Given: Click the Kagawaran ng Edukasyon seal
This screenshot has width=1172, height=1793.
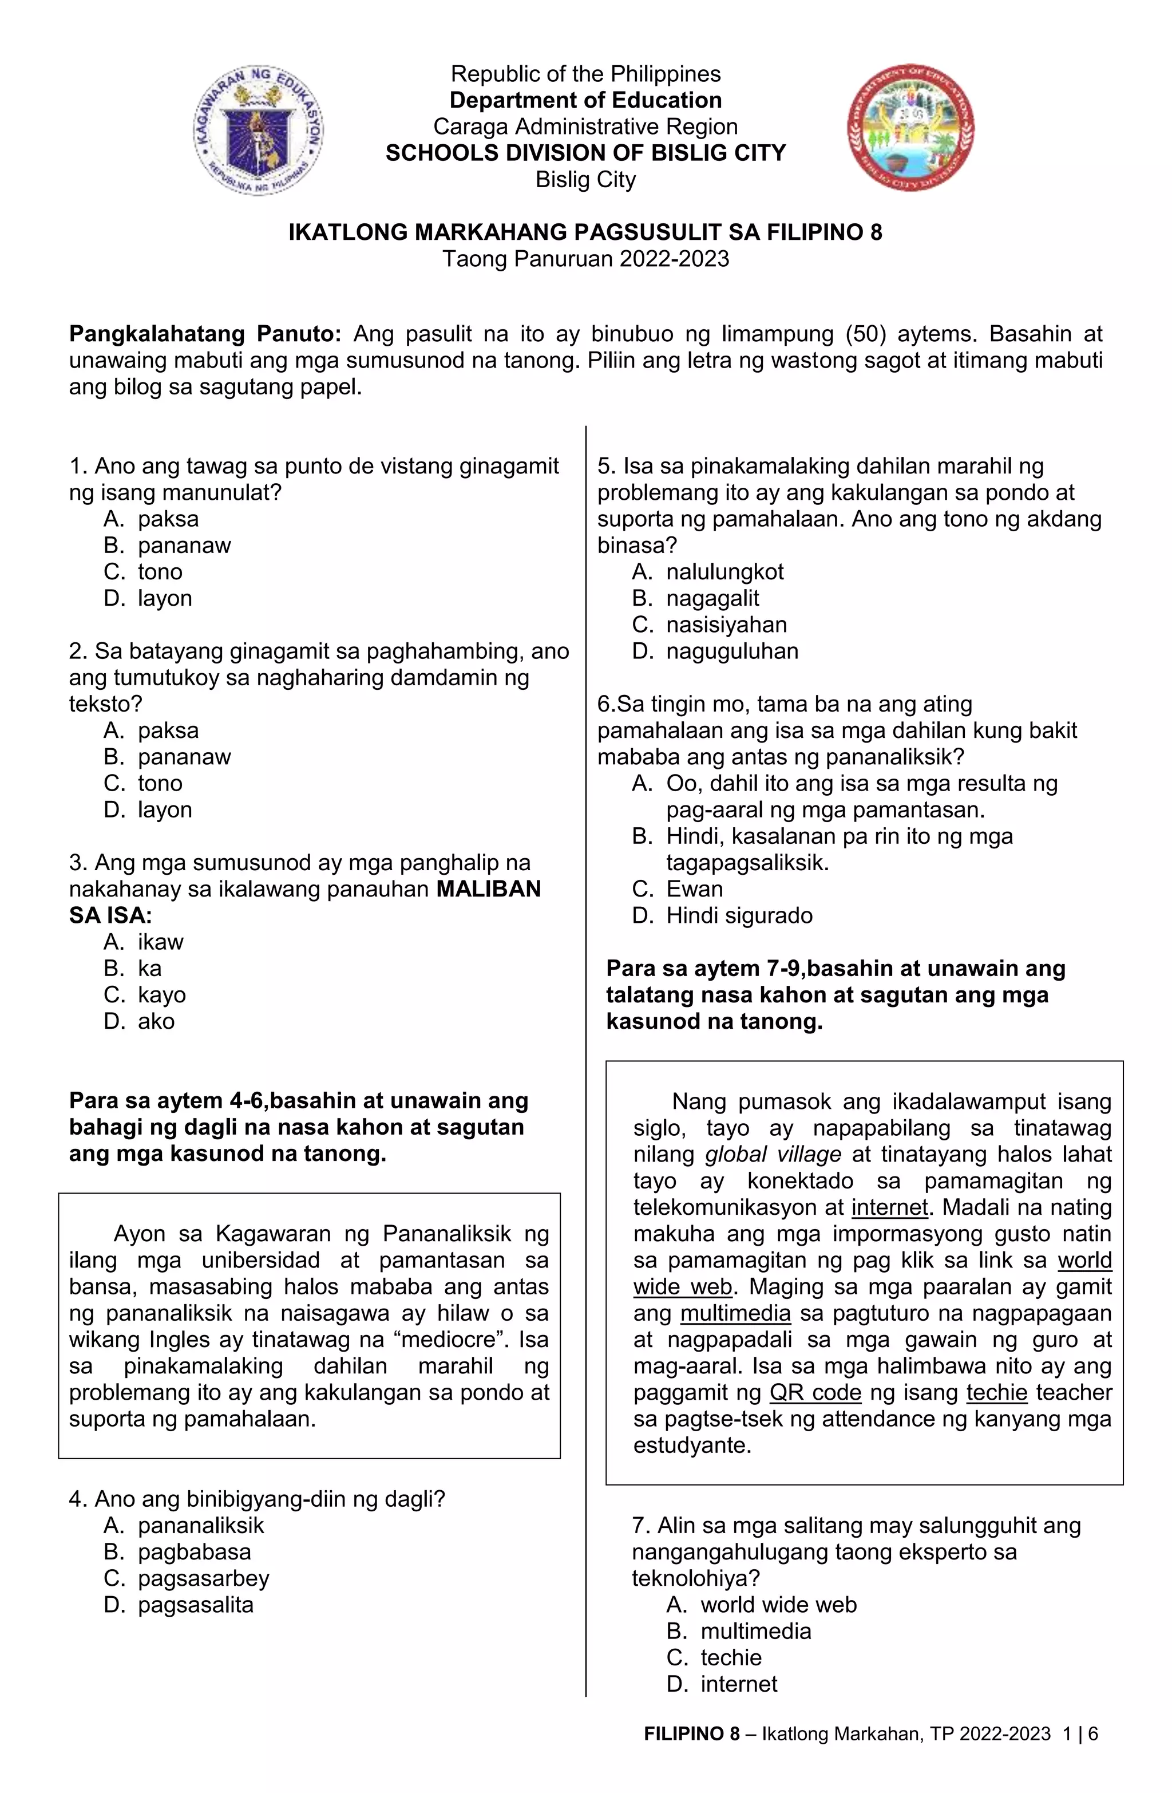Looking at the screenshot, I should [258, 129].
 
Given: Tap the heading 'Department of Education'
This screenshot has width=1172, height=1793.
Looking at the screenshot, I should [585, 100].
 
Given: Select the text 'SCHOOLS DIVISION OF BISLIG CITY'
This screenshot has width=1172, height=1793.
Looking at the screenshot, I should [585, 153].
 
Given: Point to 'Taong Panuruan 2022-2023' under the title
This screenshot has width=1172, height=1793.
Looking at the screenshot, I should [585, 259].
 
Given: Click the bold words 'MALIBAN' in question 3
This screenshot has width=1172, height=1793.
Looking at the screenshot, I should [489, 889].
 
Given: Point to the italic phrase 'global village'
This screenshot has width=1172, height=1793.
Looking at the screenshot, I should [773, 1154].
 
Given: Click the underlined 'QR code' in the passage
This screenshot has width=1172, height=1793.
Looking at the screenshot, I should [815, 1392].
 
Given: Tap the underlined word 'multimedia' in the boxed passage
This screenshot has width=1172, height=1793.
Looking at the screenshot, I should [735, 1313].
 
